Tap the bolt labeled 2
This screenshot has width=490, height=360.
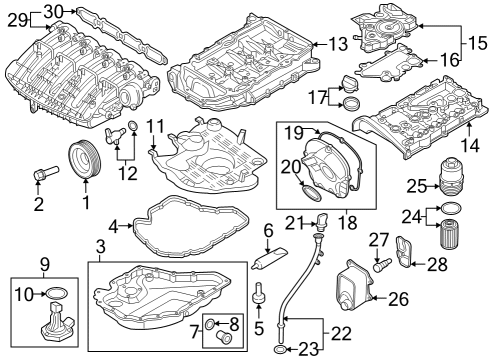coord(46,173)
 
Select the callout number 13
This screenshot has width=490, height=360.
coord(338,44)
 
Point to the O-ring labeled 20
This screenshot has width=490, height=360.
coord(312,194)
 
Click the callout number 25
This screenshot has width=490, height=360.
coord(416,186)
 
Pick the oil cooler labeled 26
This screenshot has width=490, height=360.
coord(354,286)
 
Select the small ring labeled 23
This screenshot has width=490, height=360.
coord(280,350)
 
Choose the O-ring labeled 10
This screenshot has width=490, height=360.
coord(56,293)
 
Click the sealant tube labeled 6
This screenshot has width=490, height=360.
coord(269,258)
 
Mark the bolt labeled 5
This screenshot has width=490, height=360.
coord(259,293)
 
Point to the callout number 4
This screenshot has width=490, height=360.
coord(113,227)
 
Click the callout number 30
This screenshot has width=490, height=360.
coord(53,12)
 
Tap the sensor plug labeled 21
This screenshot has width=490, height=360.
coord(321,220)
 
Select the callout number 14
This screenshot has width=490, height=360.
coord(470,146)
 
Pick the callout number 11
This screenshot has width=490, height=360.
coord(156,127)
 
